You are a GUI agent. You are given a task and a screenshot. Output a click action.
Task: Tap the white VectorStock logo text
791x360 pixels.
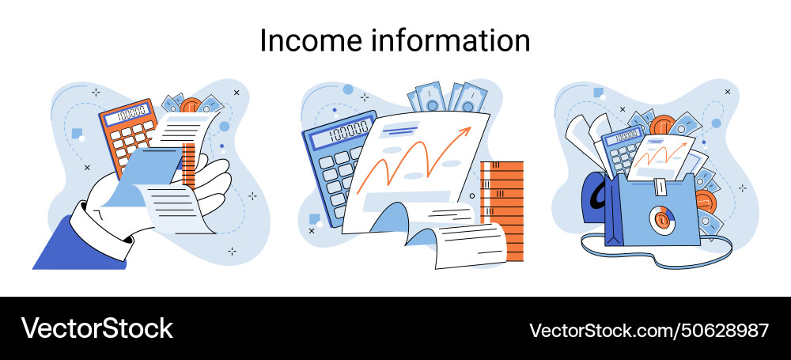pos(97,328)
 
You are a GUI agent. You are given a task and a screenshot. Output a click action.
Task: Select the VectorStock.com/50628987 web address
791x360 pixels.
pos(649,329)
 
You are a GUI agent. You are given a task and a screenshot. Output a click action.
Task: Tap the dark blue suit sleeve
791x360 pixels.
pos(75,241)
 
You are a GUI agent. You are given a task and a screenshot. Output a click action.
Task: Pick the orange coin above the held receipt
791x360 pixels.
pos(191,107)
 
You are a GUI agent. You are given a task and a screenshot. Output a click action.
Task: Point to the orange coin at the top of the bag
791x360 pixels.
pos(661,126)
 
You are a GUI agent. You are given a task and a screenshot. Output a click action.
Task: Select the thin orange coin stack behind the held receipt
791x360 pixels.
pos(187,163)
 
